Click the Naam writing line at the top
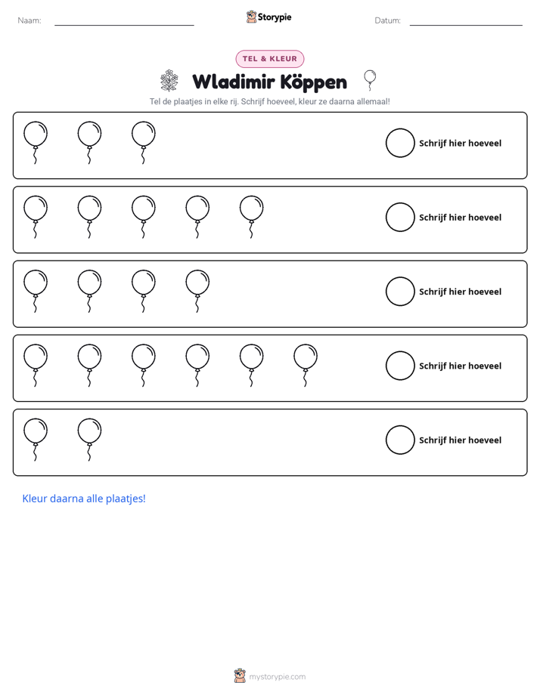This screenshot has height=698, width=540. (124, 25)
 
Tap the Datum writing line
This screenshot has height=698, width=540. (466, 25)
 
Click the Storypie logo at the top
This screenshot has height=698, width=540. (268, 17)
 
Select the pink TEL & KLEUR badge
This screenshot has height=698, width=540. (270, 59)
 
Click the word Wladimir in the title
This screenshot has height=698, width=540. (234, 82)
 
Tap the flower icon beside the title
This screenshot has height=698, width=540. (169, 81)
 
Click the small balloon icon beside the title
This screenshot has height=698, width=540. (370, 80)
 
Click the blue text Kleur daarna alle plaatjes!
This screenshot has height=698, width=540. (84, 499)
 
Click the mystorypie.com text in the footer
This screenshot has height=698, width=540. (277, 677)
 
